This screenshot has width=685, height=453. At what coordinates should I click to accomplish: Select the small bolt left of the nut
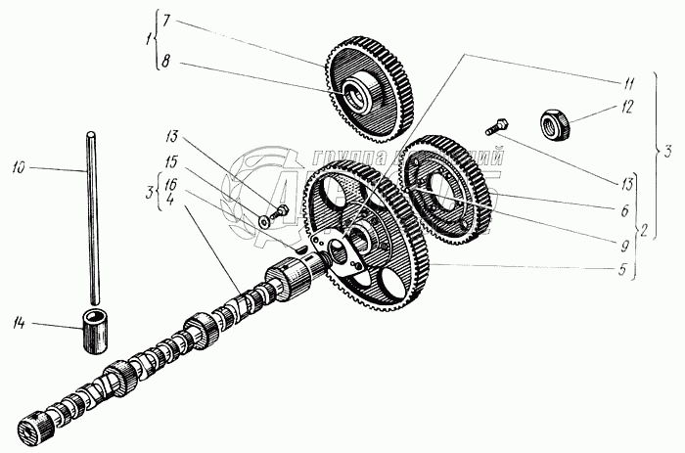[x=497, y=126]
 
